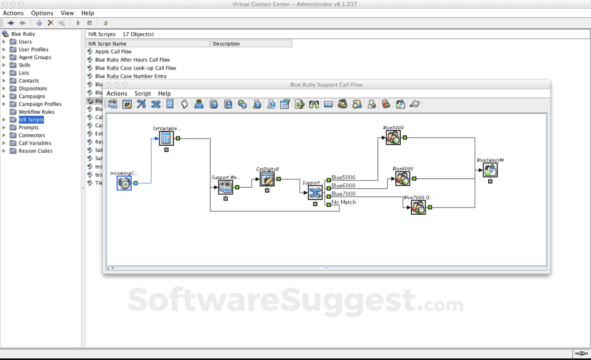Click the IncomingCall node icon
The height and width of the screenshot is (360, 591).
click(124, 183)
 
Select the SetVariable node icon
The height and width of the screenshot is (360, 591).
click(166, 138)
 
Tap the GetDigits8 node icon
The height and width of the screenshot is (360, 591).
click(267, 179)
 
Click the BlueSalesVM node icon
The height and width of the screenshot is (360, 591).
click(490, 170)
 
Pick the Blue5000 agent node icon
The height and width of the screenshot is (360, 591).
click(393, 138)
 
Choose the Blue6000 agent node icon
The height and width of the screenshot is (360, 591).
click(403, 178)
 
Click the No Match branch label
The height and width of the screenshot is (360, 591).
click(344, 202)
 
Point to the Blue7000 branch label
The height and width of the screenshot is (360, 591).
click(343, 194)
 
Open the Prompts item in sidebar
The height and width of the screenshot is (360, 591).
click(28, 127)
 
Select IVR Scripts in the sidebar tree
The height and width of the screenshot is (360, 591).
click(31, 120)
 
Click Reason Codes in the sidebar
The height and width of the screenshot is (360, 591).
click(35, 151)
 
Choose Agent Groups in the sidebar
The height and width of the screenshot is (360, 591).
click(34, 57)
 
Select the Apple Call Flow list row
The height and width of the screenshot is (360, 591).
click(113, 52)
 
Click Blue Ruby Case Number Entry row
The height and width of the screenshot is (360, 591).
click(131, 76)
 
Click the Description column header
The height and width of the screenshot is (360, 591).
click(227, 44)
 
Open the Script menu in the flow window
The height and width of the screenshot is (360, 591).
click(142, 94)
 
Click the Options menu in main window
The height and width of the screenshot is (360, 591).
click(42, 13)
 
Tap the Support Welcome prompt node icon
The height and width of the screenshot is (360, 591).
click(225, 188)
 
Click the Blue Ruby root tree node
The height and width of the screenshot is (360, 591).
click(23, 34)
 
